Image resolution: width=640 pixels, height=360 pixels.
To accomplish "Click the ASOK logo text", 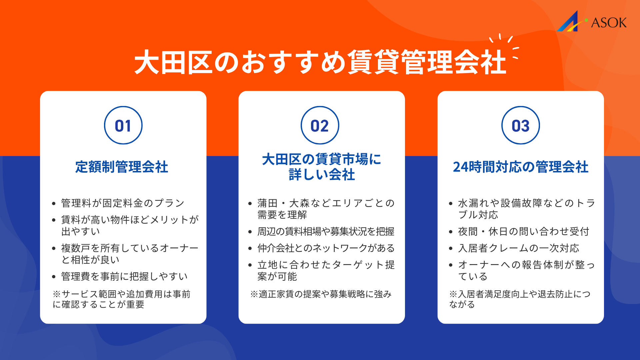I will [609, 23].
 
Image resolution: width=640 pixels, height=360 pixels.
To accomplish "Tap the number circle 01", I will [123, 125].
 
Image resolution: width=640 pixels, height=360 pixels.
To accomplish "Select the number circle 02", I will [320, 125].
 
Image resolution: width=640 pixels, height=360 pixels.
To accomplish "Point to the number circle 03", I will [520, 125].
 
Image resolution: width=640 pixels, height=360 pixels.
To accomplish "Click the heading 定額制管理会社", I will [122, 167].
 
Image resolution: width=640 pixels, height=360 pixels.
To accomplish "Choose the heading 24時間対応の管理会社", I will [521, 167].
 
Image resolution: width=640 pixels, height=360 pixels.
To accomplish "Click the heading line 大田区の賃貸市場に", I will [321, 159].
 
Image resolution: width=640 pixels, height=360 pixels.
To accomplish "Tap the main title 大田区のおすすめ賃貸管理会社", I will [320, 62].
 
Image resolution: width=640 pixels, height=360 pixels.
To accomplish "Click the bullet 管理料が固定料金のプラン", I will [123, 203].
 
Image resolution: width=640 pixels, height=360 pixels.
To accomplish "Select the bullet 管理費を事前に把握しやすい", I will [124, 276].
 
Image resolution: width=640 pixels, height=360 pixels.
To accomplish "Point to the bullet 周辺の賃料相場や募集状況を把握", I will [326, 231].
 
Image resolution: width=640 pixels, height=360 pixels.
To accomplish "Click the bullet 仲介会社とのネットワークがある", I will [326, 248].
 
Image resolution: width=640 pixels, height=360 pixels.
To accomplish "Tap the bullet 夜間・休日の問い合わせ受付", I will [524, 231].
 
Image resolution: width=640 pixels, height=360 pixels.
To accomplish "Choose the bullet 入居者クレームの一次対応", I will [519, 248].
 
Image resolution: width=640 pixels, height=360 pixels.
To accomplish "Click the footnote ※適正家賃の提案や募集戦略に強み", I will [321, 294].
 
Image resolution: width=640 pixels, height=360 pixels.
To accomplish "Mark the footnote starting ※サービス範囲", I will [122, 299].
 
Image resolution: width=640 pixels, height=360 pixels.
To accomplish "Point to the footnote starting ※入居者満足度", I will [520, 299].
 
